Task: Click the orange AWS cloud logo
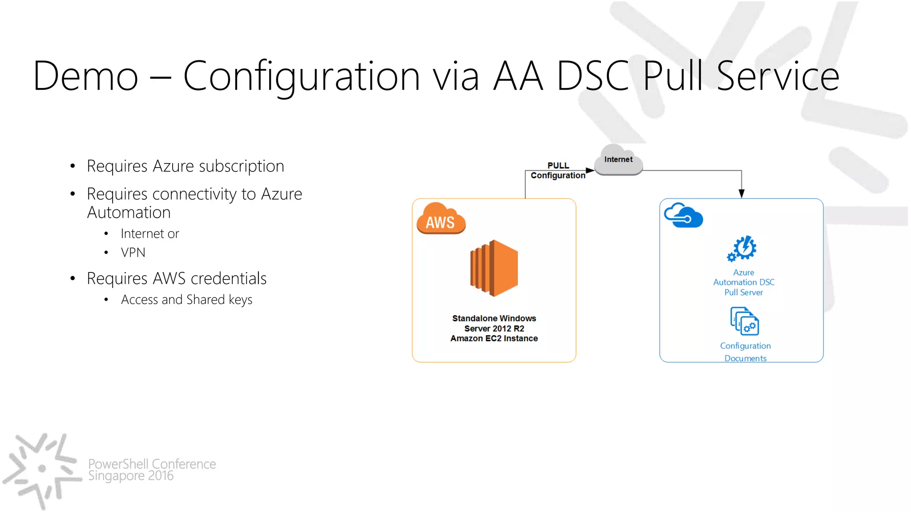click(x=440, y=219)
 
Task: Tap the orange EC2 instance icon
click(x=494, y=268)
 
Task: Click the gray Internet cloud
click(x=618, y=160)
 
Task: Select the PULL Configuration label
click(x=558, y=171)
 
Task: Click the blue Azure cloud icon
click(x=683, y=216)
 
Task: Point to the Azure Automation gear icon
click(x=742, y=248)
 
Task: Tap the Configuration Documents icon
click(x=745, y=321)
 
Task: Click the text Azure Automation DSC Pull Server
click(x=744, y=282)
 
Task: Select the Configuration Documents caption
click(x=745, y=352)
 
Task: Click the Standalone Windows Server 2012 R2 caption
click(x=494, y=328)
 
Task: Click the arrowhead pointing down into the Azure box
click(x=742, y=193)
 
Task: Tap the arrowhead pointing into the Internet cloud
click(x=590, y=170)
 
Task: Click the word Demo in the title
click(x=85, y=76)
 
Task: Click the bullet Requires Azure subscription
click(x=185, y=166)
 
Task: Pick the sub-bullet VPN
click(x=133, y=252)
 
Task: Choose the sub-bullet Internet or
click(x=150, y=234)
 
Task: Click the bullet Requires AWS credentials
click(x=177, y=279)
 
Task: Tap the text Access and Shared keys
click(x=186, y=300)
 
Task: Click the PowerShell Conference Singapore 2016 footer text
click(x=152, y=470)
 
